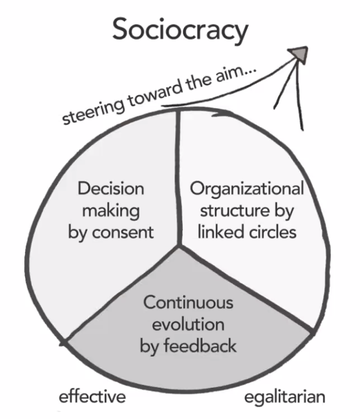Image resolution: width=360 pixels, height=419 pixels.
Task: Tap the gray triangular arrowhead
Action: tap(298, 55)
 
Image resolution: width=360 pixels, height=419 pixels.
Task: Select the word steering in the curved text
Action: tap(94, 111)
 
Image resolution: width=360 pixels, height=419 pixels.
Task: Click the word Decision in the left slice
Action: tap(111, 189)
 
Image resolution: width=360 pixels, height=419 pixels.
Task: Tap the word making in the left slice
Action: tap(111, 211)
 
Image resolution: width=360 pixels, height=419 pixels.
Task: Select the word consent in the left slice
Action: tap(123, 233)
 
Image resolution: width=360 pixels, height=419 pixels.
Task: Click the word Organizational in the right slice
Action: tap(247, 189)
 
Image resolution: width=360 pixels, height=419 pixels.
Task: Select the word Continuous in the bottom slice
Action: tap(188, 302)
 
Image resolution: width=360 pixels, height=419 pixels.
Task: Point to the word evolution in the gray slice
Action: tap(188, 324)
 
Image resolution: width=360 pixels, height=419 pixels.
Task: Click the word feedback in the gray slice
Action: tap(200, 345)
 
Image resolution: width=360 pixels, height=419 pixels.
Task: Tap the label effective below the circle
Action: tap(92, 396)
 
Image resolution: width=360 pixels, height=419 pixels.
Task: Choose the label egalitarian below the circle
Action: tap(285, 397)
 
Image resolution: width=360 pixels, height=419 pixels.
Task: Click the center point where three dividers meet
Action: tap(179, 246)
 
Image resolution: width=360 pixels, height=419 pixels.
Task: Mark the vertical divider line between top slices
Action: tap(178, 177)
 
